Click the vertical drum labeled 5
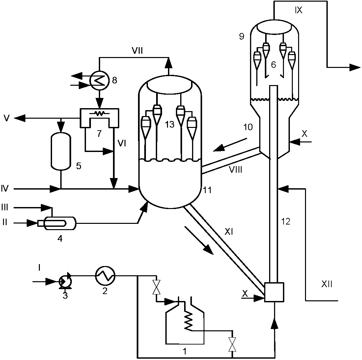coord(61,150)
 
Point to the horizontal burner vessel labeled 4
coord(57,223)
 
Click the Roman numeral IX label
coord(298,10)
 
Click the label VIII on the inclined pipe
coord(236,170)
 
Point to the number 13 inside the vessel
coord(170,125)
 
